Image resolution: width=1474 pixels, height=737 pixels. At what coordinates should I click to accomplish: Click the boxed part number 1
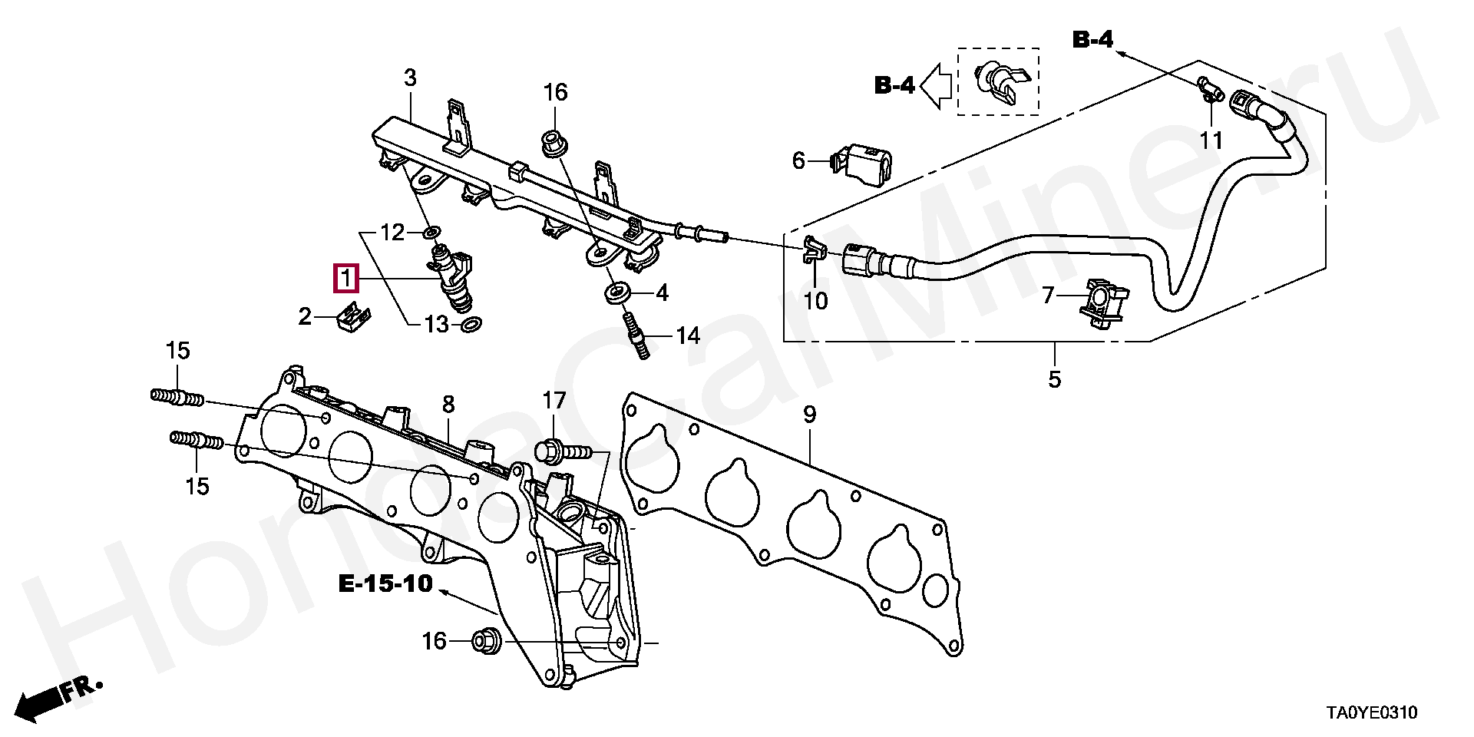tap(345, 278)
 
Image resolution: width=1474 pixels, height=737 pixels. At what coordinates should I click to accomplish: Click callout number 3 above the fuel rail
tap(410, 78)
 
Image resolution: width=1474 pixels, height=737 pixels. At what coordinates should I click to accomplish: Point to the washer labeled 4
tap(617, 292)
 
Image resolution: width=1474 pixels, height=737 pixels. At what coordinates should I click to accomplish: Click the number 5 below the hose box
tap(1055, 378)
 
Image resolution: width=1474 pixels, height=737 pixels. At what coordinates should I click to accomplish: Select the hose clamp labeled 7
tap(1103, 305)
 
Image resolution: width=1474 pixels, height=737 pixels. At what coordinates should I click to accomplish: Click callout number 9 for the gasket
tap(809, 415)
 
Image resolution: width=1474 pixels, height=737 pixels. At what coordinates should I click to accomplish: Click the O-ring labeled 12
tap(433, 231)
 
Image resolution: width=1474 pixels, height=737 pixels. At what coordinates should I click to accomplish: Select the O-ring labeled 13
tap(471, 326)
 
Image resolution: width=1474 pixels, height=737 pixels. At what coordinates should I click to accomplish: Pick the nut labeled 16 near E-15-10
tap(486, 640)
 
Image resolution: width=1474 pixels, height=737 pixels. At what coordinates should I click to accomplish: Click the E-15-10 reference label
tap(385, 584)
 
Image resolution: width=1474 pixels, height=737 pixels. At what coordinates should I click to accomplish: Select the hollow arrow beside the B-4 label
tap(936, 84)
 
